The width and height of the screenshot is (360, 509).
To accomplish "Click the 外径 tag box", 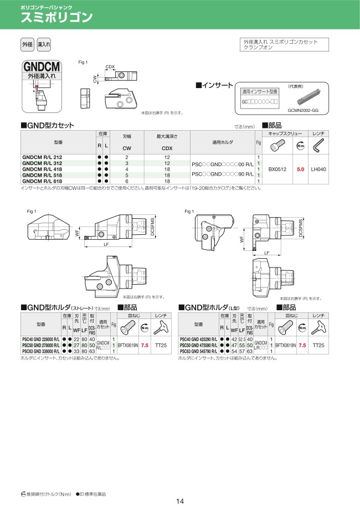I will tap(27, 44).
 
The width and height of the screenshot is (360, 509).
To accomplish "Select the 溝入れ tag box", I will tap(44, 44).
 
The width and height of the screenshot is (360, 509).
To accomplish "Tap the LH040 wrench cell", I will tap(318, 169).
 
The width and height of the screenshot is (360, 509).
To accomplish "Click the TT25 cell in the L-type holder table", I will tap(319, 345).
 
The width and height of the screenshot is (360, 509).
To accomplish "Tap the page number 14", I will tap(179, 502).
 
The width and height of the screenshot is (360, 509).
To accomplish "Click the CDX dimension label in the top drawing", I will tap(110, 67).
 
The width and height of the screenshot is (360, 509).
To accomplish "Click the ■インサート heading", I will tap(215, 85).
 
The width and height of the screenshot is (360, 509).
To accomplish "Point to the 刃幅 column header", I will tap(127, 135).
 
